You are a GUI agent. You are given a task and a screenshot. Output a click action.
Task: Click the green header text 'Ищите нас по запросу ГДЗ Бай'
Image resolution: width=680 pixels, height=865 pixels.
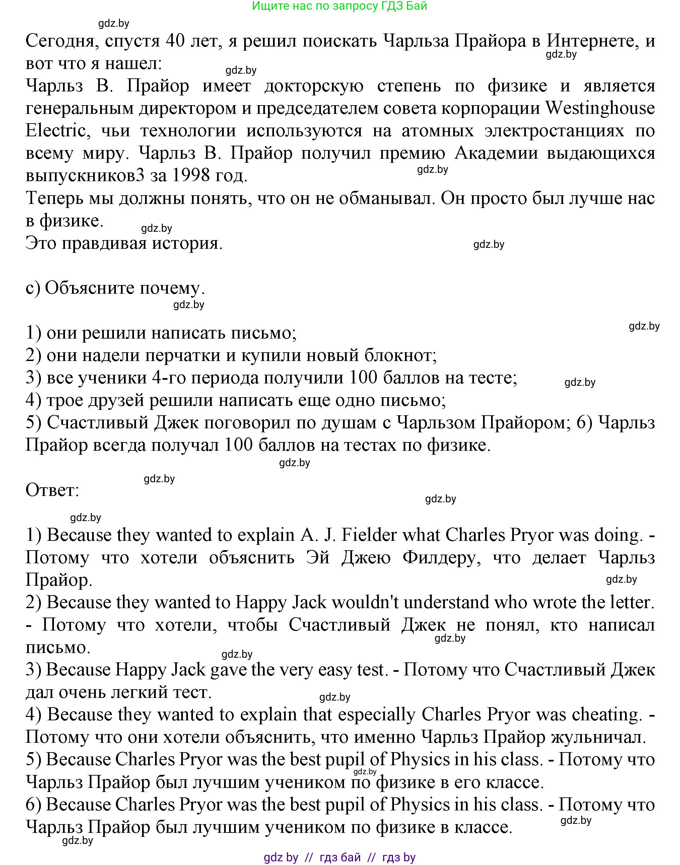[x=340, y=6]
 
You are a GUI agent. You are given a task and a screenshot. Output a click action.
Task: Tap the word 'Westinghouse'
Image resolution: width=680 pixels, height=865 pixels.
[x=600, y=108]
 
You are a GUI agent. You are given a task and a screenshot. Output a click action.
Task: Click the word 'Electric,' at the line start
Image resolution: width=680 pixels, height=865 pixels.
[x=56, y=131]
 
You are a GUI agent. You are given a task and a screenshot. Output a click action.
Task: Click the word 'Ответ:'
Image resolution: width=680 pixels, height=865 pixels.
[x=53, y=490]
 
